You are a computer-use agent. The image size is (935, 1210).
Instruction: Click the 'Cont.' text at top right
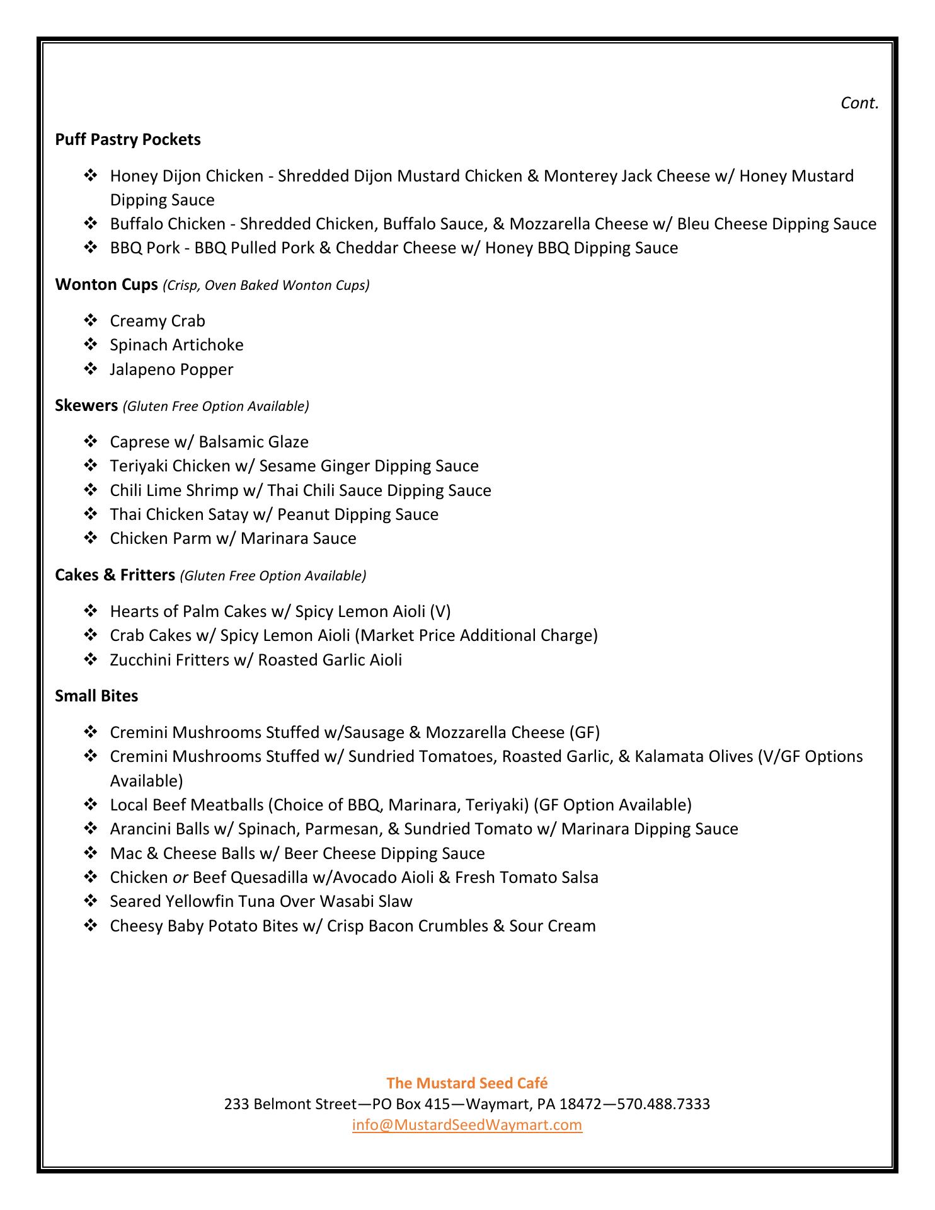859,103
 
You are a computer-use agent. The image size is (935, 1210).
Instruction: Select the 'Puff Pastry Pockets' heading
128,139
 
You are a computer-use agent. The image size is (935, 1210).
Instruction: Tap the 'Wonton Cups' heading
106,285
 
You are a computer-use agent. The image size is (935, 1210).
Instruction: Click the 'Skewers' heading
86,405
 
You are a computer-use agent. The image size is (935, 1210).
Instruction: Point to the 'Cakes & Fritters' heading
115,575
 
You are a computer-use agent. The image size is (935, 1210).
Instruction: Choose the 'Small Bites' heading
96,696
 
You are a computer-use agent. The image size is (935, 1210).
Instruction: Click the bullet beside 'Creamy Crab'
90,321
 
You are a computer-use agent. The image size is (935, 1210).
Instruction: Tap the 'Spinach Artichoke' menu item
176,345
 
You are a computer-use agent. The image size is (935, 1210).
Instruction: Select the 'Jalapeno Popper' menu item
171,369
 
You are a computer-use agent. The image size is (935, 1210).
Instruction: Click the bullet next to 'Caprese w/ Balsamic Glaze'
90,442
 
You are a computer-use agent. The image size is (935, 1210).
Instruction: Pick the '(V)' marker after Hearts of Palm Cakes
440,611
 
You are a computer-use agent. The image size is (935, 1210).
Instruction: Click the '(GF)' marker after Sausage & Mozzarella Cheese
584,732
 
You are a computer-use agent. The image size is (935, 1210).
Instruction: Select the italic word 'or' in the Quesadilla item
180,877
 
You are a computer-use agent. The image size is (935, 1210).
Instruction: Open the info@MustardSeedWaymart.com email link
467,1125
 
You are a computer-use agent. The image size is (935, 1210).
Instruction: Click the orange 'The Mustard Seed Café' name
467,1083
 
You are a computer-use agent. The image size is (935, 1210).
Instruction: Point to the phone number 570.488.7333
663,1104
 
